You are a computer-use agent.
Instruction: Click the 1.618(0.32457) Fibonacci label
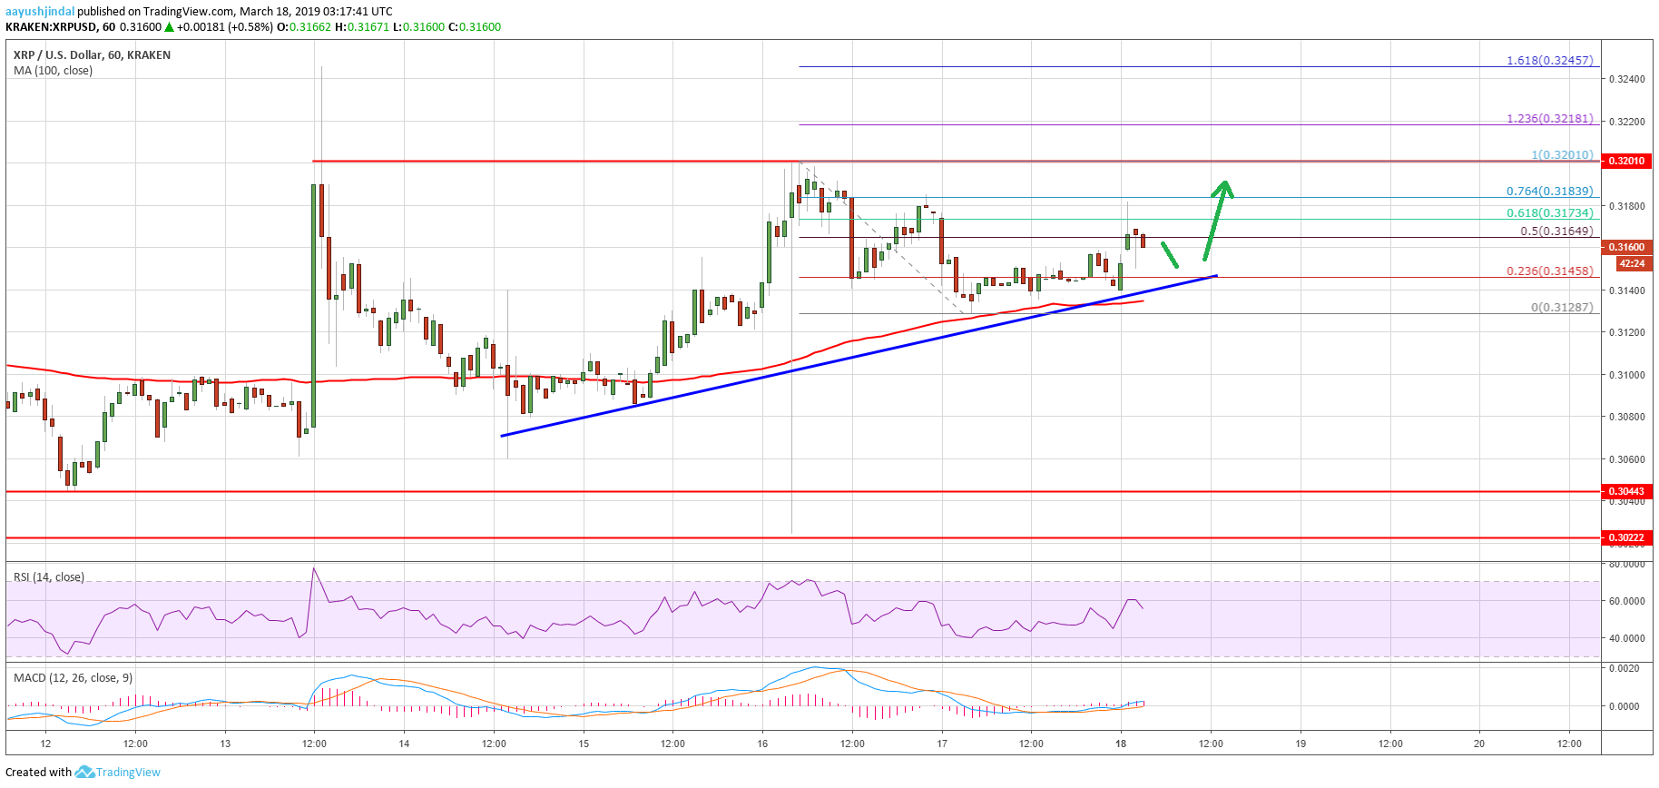click(1549, 61)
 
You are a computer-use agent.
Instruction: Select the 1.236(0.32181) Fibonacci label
click(1549, 119)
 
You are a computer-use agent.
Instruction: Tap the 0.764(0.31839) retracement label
click(1549, 192)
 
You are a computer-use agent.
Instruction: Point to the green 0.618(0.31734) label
click(1549, 213)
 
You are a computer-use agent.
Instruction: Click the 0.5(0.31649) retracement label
click(1556, 231)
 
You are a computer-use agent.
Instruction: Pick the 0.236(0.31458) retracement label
click(1549, 271)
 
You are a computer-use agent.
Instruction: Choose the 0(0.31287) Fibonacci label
click(1561, 308)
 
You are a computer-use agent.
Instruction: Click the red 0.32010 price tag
click(1626, 161)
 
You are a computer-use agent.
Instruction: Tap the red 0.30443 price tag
click(1626, 491)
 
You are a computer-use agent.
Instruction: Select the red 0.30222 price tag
click(1626, 537)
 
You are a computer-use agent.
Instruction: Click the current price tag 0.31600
click(1626, 247)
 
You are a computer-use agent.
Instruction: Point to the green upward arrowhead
click(1224, 187)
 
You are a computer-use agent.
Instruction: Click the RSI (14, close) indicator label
click(49, 577)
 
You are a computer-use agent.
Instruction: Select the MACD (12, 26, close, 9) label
click(73, 678)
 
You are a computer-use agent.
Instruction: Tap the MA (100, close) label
click(53, 71)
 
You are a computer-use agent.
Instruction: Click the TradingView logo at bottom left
click(118, 773)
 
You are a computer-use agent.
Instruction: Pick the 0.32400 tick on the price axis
click(1625, 80)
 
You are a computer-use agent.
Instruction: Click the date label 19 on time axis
click(1300, 744)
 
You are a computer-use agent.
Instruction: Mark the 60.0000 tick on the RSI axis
click(1625, 601)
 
